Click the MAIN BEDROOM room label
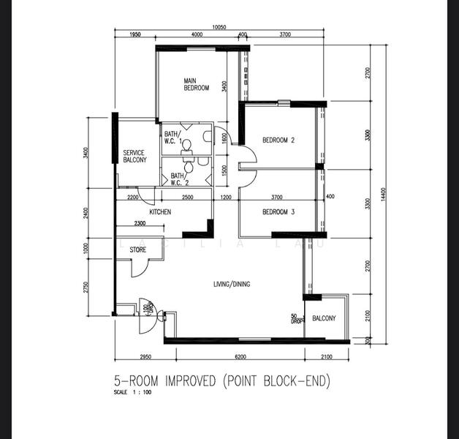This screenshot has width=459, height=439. click(196, 84)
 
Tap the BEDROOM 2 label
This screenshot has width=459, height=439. click(278, 140)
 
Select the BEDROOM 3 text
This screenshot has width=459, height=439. click(278, 212)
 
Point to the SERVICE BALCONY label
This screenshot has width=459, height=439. click(134, 156)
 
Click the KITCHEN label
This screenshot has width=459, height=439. click(160, 212)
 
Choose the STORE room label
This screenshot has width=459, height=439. click(137, 250)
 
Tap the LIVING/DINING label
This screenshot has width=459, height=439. click(231, 284)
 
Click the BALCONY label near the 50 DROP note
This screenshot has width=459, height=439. click(324, 318)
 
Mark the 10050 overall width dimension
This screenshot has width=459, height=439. click(219, 27)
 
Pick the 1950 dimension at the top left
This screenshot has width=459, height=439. click(134, 34)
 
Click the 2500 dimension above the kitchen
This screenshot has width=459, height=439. click(187, 198)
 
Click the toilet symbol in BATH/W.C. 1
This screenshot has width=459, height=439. click(186, 144)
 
